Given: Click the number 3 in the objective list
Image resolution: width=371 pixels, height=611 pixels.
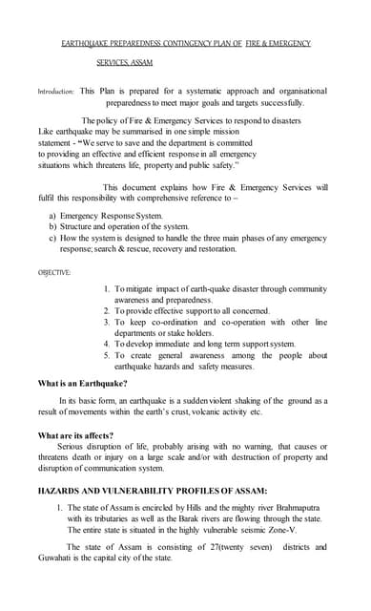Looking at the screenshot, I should click(107, 322).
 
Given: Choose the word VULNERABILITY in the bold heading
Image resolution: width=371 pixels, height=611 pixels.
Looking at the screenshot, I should click(146, 490).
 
